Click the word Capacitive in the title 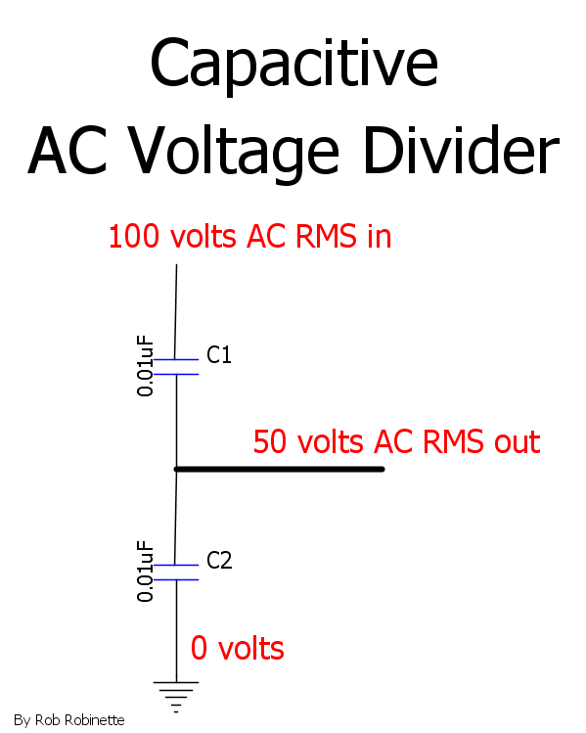[293, 65]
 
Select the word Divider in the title [461, 151]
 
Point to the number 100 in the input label [134, 236]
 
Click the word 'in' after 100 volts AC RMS [379, 236]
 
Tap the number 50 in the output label [270, 441]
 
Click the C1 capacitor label [219, 355]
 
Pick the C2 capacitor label [219, 561]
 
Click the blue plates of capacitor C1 [176, 367]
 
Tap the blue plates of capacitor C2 [176, 573]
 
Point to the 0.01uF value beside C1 [145, 366]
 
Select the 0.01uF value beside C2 [145, 571]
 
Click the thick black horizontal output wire [280, 469]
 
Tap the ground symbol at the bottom [176, 697]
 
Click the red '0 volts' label [238, 649]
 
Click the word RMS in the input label [326, 236]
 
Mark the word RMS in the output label [453, 441]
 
